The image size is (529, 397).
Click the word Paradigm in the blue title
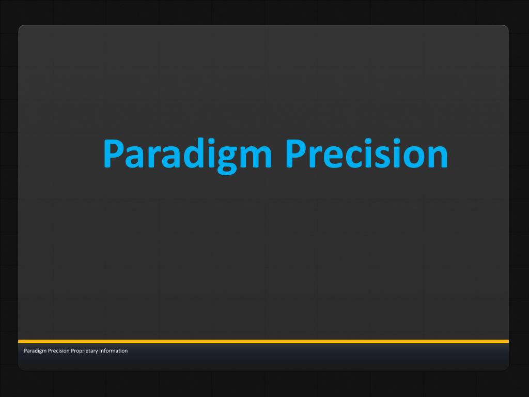pyautogui.click(x=187, y=156)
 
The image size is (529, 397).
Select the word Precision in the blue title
pyautogui.click(x=367, y=153)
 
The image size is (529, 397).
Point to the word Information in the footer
pyautogui.click(x=113, y=351)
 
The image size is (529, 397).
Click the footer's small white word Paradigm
pyautogui.click(x=35, y=351)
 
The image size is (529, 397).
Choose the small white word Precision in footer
pyautogui.click(x=59, y=351)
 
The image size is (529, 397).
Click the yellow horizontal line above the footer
pyautogui.click(x=263, y=341)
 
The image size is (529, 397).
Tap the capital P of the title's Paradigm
pyautogui.click(x=113, y=154)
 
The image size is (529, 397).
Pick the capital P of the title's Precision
pyautogui.click(x=296, y=154)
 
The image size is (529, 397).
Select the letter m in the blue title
pyautogui.click(x=255, y=156)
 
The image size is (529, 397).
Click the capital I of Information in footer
pyautogui.click(x=100, y=351)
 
